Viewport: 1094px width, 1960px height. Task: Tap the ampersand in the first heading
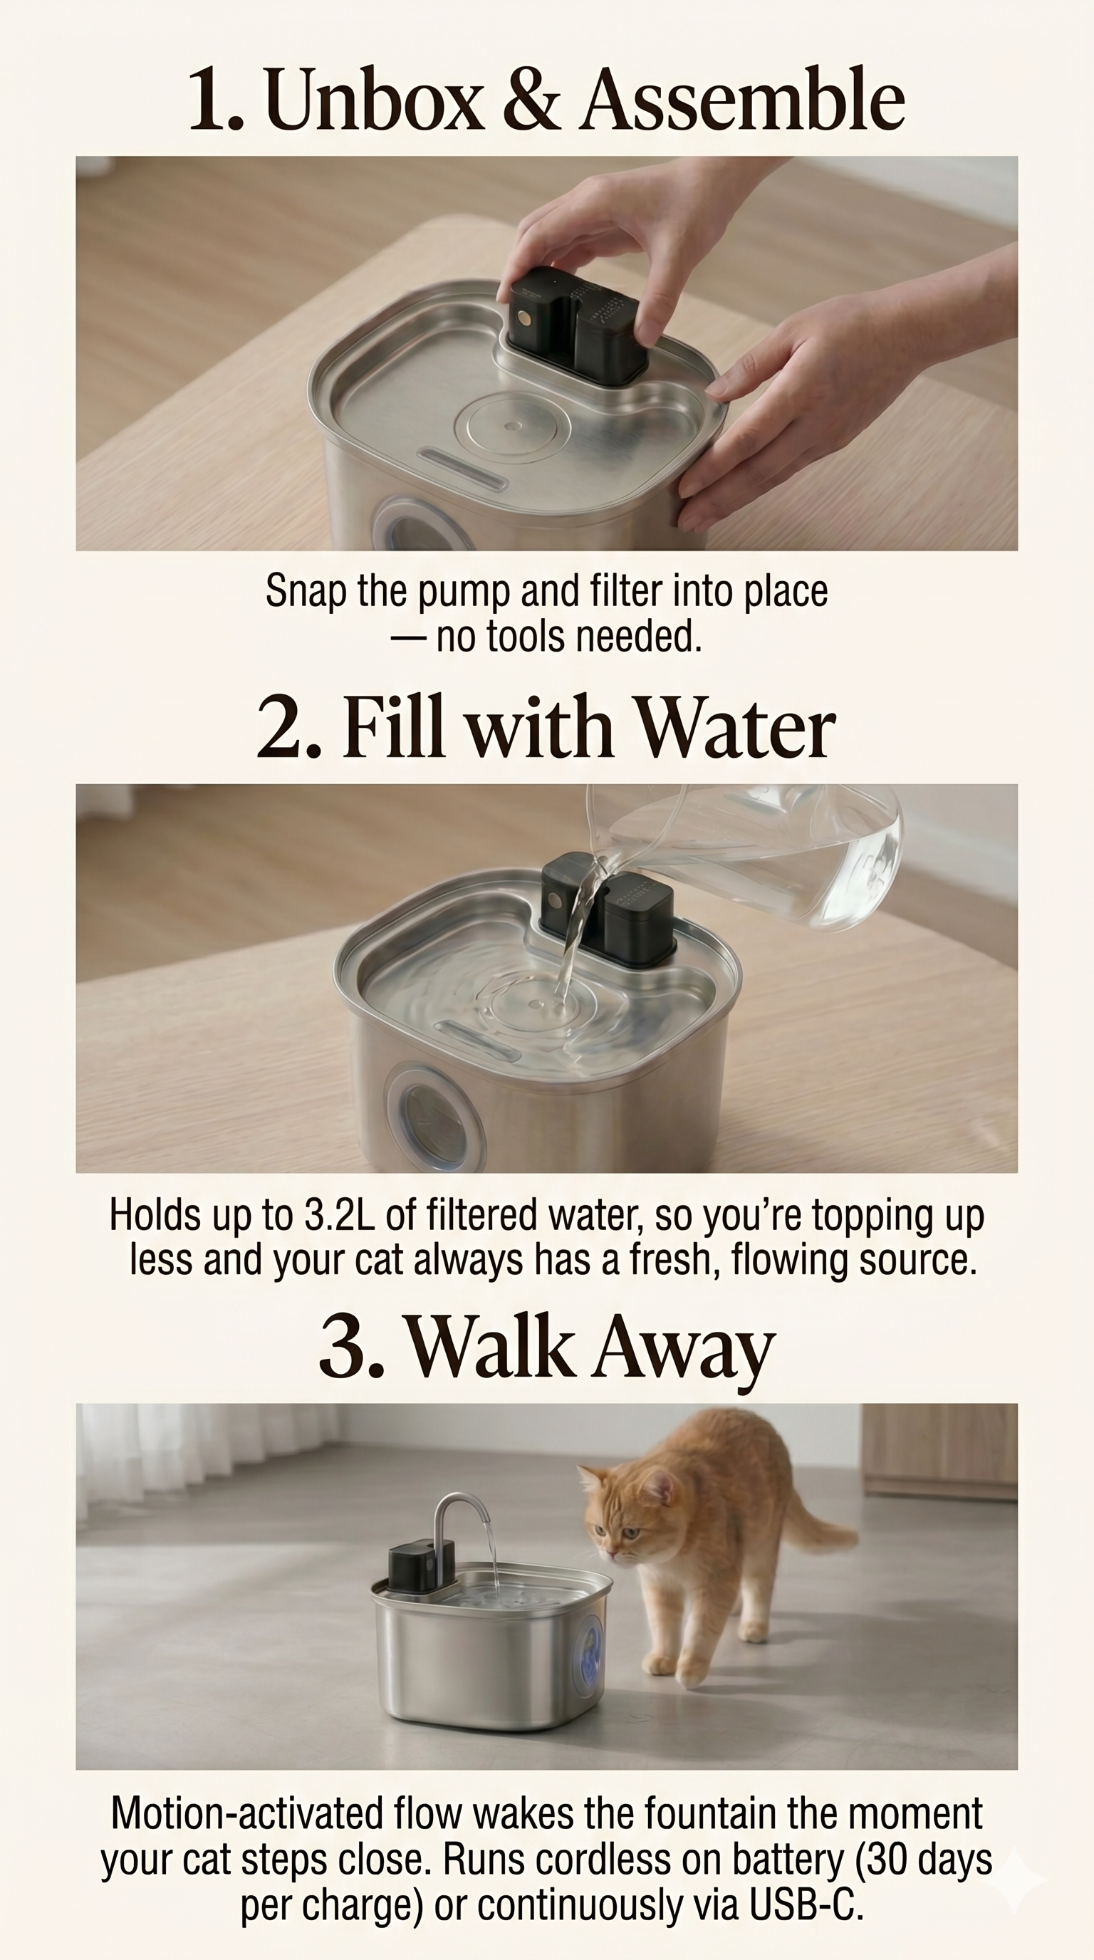click(532, 100)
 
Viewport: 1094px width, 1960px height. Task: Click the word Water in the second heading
click(736, 727)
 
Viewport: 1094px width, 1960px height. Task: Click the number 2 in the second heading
click(280, 728)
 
